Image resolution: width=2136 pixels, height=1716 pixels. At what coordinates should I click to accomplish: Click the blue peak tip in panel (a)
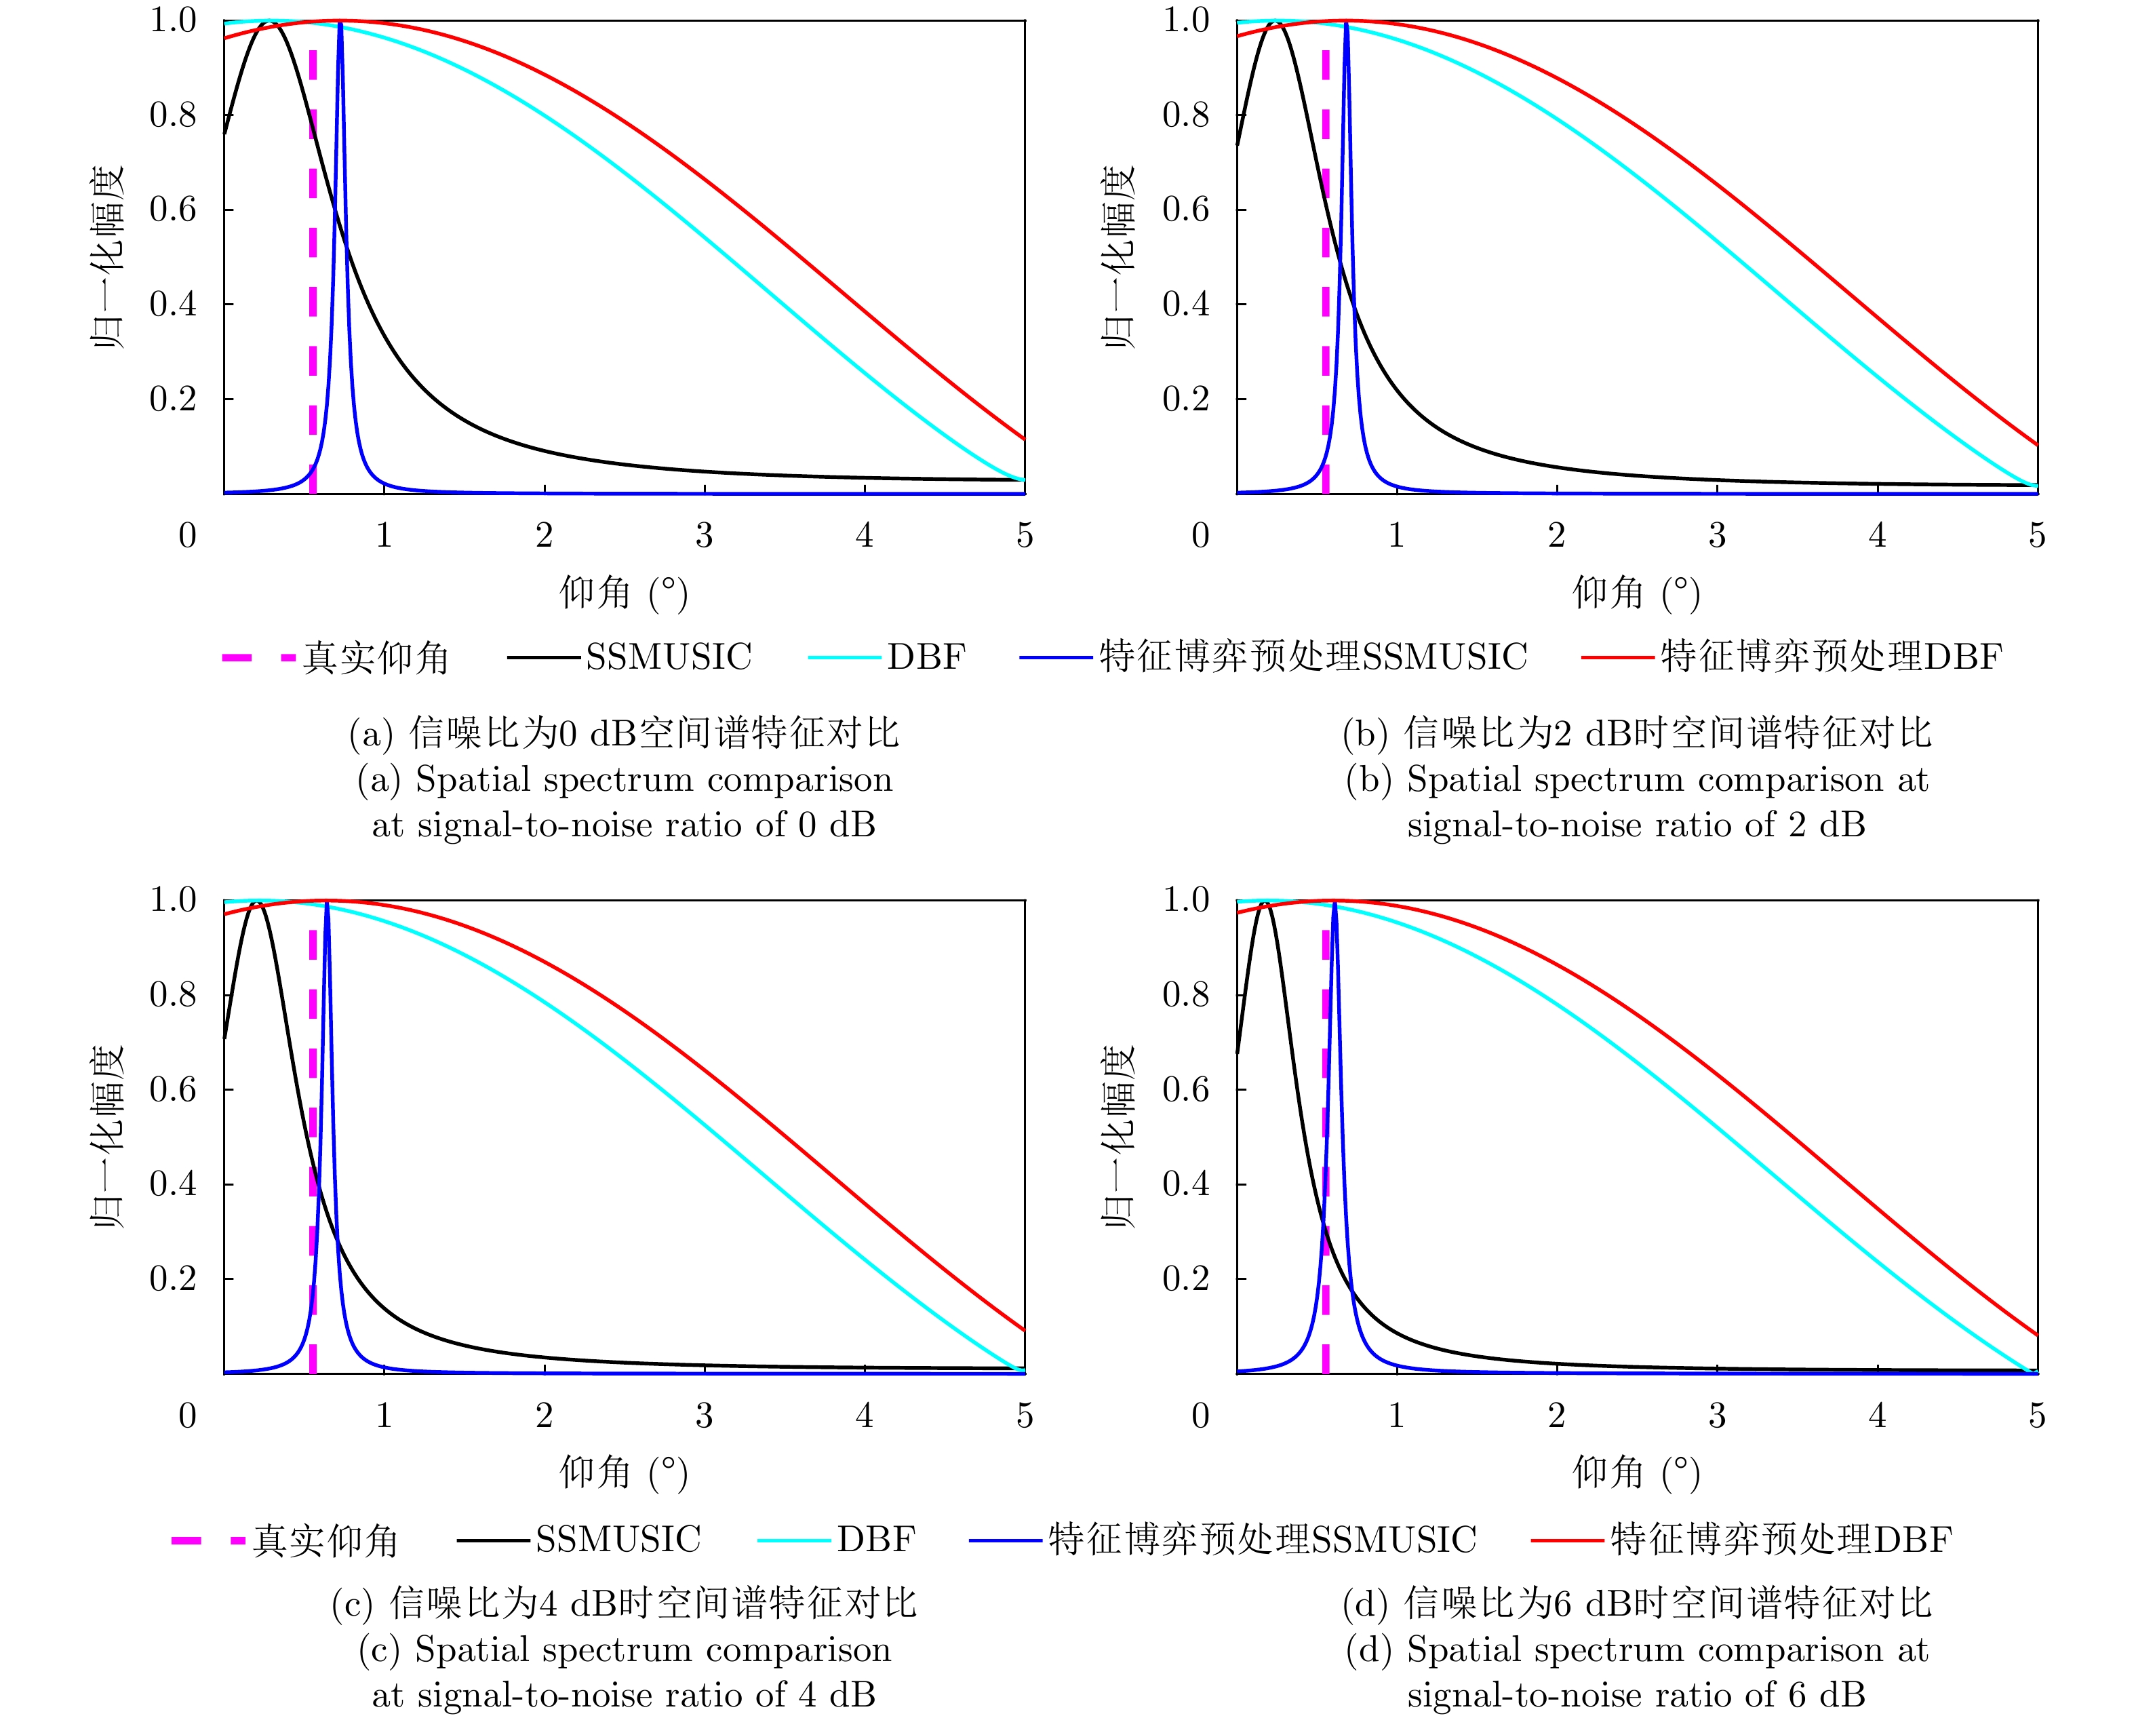tap(340, 23)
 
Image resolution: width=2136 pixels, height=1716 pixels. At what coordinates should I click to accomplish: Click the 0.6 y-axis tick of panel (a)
tap(174, 209)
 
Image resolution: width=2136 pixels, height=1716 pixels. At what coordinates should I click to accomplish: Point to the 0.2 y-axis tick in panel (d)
tap(1186, 1278)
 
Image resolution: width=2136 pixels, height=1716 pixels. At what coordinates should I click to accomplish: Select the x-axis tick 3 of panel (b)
tap(1717, 536)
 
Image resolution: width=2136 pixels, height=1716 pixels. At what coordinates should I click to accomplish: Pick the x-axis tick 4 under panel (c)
tap(864, 1416)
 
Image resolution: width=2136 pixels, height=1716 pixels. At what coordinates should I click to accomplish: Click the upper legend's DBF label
tap(926, 657)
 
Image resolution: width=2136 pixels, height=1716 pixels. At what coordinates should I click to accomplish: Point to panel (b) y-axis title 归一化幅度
tap(1119, 258)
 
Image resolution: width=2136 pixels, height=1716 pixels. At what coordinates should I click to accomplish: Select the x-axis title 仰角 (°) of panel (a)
tap(623, 593)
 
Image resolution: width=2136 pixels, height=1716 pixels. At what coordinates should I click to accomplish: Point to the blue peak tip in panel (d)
tap(1334, 903)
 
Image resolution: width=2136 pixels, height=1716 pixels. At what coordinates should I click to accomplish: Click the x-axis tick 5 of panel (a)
tap(1025, 536)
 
